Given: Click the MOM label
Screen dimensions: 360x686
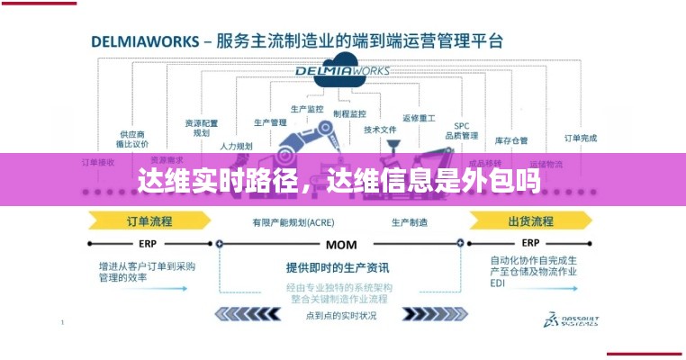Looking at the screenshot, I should click(341, 244).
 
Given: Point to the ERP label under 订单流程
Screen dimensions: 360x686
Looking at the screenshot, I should click(148, 243).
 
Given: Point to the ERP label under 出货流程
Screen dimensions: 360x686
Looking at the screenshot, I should click(530, 243).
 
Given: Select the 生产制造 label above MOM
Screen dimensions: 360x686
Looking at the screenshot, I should click(410, 221).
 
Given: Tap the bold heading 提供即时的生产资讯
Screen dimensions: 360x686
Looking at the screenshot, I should click(338, 267).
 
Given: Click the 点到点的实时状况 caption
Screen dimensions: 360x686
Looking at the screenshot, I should click(341, 315).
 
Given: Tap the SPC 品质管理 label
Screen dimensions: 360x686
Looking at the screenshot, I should click(462, 130).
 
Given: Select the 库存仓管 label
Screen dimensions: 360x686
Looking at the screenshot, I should click(510, 140).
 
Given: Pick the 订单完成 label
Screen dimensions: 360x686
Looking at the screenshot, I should click(580, 138).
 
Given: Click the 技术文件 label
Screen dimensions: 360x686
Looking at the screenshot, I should click(380, 130).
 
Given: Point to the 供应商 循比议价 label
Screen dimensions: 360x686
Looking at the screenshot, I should click(133, 139).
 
